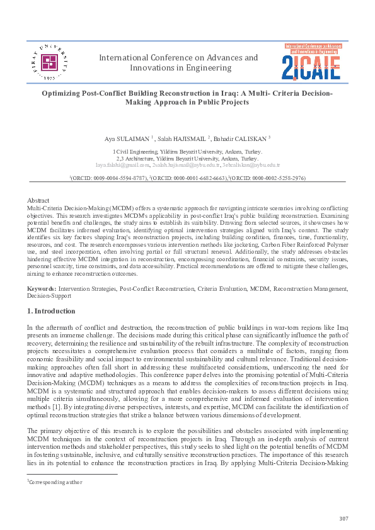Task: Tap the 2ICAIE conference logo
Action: coord(311,62)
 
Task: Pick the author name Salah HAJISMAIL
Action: coord(183,137)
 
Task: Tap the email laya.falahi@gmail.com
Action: coord(122,164)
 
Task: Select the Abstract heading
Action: coord(39,200)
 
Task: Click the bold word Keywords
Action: coord(42,288)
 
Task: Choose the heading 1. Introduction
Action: coord(51,311)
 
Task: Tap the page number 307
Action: coord(343,518)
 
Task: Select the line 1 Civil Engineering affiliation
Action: coord(187,152)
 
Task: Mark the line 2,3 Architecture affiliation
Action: coord(187,158)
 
